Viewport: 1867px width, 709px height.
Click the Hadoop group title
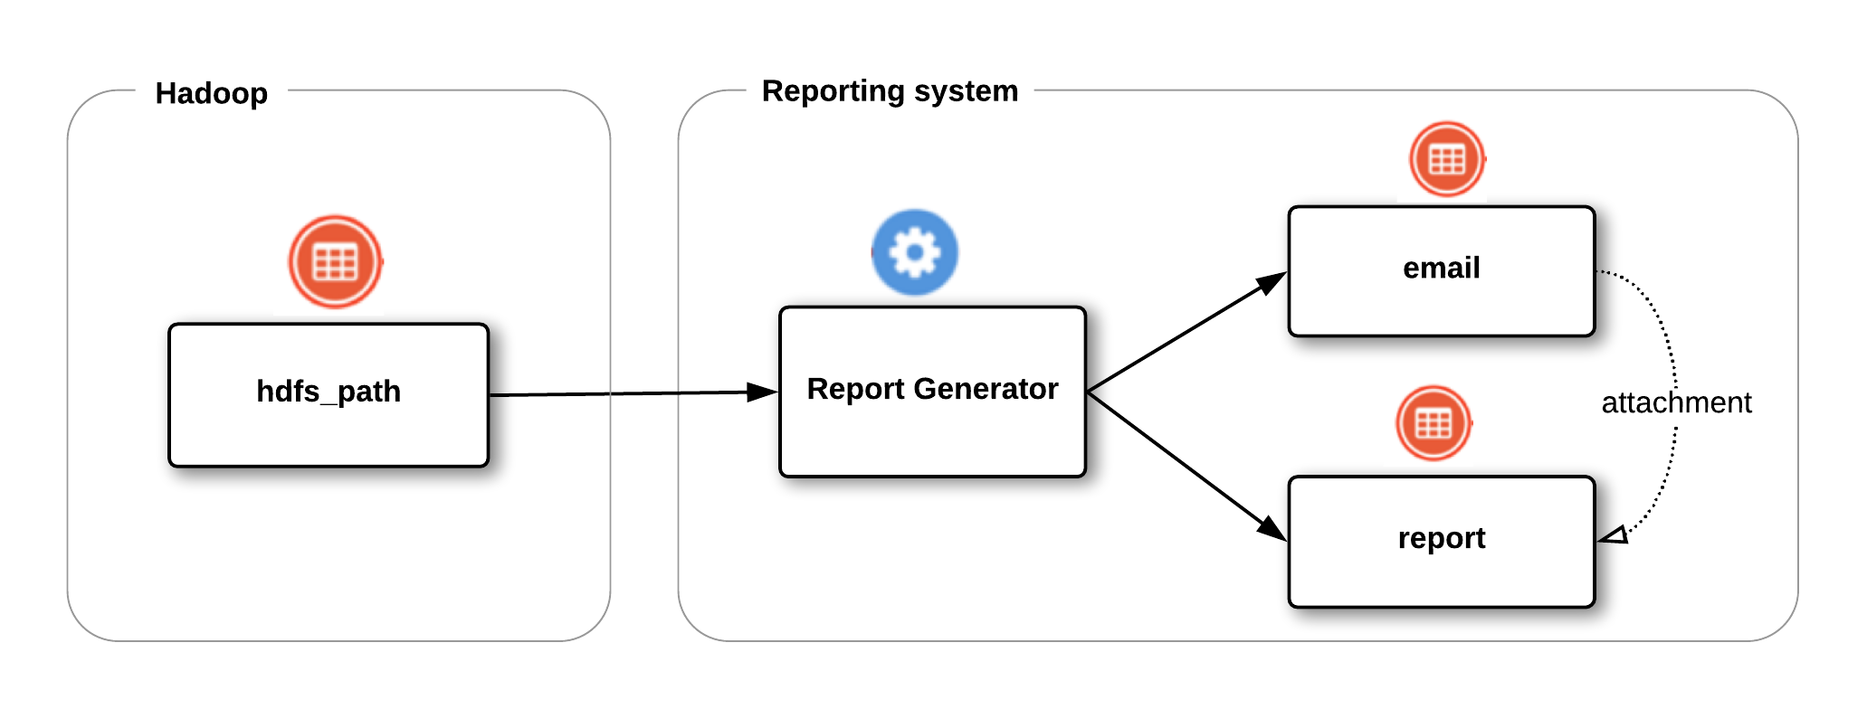(x=211, y=93)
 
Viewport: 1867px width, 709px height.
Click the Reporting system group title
(x=890, y=90)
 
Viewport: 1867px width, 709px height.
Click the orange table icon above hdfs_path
(x=335, y=262)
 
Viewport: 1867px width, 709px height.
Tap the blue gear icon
(x=915, y=252)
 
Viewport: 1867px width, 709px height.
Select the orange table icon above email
(x=1446, y=159)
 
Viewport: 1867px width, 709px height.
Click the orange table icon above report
(x=1434, y=422)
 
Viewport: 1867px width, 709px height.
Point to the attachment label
(x=1676, y=402)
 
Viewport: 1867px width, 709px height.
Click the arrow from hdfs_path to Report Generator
(x=624, y=393)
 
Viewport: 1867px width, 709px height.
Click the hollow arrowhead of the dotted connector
(x=1615, y=535)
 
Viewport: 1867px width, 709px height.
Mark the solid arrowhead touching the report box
(x=1272, y=529)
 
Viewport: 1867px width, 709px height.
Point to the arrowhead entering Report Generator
(x=762, y=392)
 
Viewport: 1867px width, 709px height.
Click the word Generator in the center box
(x=986, y=389)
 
